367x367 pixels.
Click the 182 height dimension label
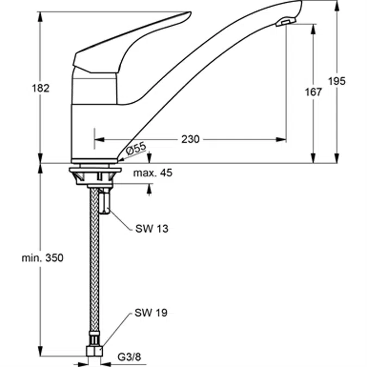coord(40,88)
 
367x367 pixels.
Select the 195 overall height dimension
coord(337,81)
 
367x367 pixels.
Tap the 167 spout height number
coord(313,92)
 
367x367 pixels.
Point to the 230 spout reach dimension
coord(190,139)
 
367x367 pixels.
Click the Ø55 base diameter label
coord(136,148)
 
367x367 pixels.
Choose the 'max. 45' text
coord(153,173)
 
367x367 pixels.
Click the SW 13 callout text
coord(152,228)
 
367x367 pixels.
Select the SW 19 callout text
coord(151,313)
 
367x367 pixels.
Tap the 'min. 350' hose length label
coord(42,258)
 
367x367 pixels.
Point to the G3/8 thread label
coord(129,357)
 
